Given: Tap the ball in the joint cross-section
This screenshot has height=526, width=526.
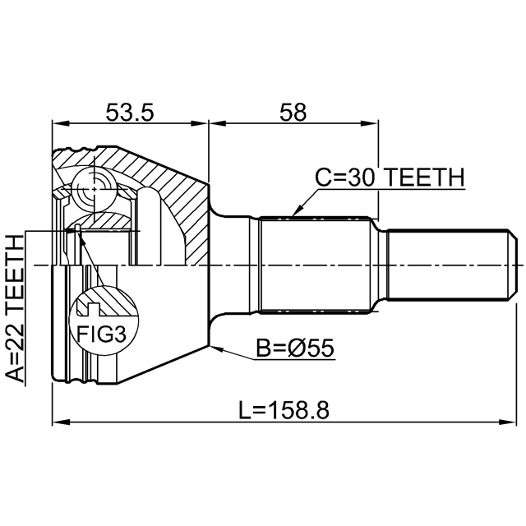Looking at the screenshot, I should click(x=91, y=189).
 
